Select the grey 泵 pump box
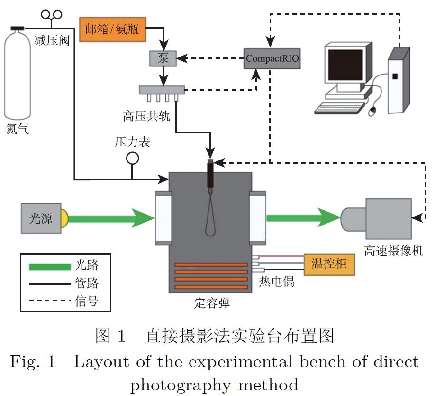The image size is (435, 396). click(163, 59)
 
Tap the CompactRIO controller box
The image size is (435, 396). click(272, 59)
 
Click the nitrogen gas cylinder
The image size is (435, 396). click(18, 76)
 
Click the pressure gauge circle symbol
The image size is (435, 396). click(132, 158)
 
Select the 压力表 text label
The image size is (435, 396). click(132, 141)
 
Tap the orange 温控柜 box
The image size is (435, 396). click(329, 264)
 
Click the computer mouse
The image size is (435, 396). click(373, 112)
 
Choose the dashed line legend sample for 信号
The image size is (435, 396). click(48, 300)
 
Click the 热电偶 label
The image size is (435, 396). click(276, 281)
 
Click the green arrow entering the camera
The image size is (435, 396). click(303, 218)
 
